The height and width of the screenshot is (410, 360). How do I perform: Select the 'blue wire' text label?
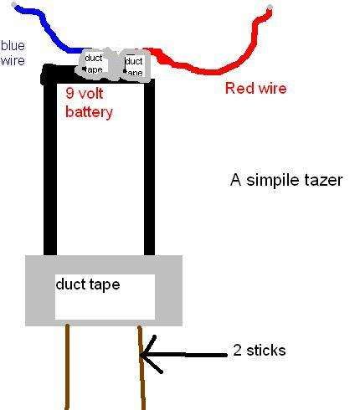click(x=13, y=53)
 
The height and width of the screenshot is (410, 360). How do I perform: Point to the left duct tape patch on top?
click(x=94, y=64)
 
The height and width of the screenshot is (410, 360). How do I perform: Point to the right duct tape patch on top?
click(x=132, y=64)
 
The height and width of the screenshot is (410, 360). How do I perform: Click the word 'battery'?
click(x=89, y=110)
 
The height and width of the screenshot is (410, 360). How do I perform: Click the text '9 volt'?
click(x=84, y=95)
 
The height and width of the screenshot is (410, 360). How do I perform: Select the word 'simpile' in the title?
click(x=269, y=180)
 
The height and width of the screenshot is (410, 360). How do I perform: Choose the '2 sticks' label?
click(x=260, y=350)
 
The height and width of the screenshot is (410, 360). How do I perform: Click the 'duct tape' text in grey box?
click(x=87, y=284)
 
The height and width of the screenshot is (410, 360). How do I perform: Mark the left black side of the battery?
click(x=50, y=167)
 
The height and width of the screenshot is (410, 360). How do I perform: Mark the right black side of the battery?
click(x=150, y=167)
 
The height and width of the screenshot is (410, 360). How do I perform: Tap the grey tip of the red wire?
click(x=270, y=9)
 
